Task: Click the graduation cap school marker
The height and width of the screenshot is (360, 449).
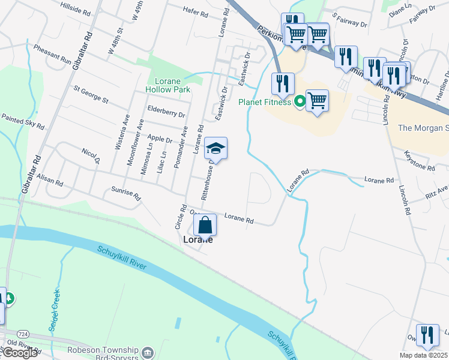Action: [216, 148]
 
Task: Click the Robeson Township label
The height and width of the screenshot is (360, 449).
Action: [105, 352]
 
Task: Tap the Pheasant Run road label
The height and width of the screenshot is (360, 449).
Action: [53, 53]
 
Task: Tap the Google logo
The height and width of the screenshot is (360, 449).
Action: [19, 353]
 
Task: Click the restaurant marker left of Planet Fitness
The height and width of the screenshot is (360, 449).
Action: [282, 84]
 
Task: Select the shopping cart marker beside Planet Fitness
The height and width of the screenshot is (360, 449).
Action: [316, 101]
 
